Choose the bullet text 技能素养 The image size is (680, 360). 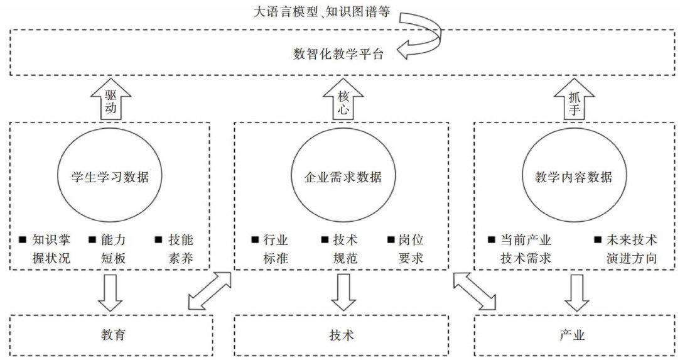pos(180,249)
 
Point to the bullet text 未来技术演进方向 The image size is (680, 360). pos(628,249)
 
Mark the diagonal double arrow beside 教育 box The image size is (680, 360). pos(211,290)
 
